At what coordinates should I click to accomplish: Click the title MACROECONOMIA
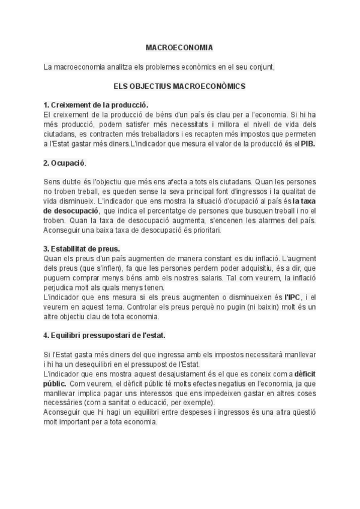179,47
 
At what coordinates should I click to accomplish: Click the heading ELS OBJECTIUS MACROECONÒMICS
179,86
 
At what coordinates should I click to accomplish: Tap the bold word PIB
308,144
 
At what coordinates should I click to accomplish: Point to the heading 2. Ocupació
65,163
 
